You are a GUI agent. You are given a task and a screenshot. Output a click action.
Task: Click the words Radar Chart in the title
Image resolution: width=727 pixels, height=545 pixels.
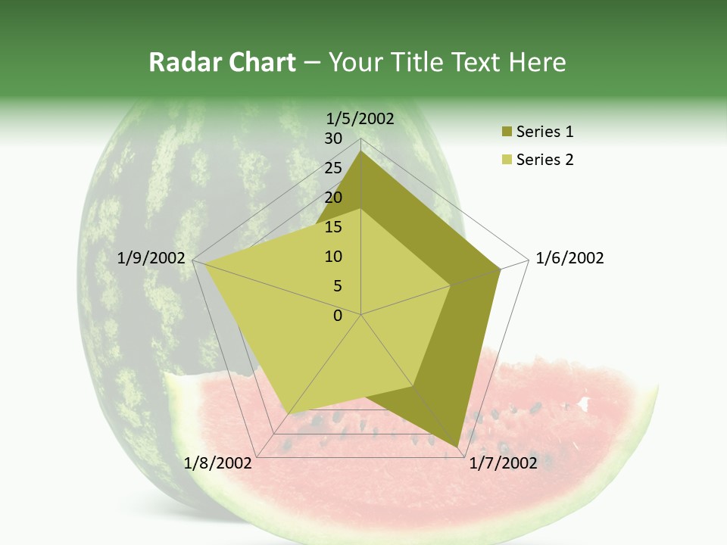[x=222, y=63]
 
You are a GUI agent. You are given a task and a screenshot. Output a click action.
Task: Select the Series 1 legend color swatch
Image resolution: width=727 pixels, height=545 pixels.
[x=507, y=132]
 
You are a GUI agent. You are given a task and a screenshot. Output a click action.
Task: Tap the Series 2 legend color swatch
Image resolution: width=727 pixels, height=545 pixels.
[x=507, y=160]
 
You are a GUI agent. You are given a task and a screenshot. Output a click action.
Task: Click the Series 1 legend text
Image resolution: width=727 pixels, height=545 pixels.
[x=544, y=132]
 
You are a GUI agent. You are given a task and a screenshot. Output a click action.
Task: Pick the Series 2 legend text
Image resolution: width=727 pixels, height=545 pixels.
[x=544, y=160]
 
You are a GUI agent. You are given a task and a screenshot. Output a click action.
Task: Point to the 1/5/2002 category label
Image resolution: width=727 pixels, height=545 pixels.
[x=360, y=118]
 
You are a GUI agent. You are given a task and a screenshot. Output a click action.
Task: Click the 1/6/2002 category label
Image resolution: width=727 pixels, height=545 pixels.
[x=569, y=258]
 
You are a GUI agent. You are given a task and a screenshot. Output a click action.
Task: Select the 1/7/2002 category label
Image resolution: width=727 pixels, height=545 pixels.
[x=504, y=462]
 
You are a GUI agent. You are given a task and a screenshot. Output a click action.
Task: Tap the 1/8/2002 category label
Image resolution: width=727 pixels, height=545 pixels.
[x=218, y=462]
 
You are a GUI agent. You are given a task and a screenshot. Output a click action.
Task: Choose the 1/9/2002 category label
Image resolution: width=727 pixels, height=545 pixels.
[x=151, y=258]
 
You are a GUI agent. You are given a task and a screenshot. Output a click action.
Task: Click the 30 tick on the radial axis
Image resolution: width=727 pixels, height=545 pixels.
[x=333, y=139]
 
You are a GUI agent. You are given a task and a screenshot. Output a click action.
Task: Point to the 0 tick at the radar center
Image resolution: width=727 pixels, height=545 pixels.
[x=338, y=316]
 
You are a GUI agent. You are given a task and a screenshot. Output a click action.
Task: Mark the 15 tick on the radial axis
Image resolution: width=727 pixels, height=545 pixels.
[x=333, y=227]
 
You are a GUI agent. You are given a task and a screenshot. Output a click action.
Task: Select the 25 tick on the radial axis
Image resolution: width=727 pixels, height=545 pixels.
[x=333, y=168]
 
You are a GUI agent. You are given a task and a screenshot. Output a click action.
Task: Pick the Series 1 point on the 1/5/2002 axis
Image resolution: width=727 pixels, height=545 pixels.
[x=361, y=151]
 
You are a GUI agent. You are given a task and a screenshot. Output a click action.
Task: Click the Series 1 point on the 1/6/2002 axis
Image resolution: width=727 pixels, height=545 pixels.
[x=501, y=269]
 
